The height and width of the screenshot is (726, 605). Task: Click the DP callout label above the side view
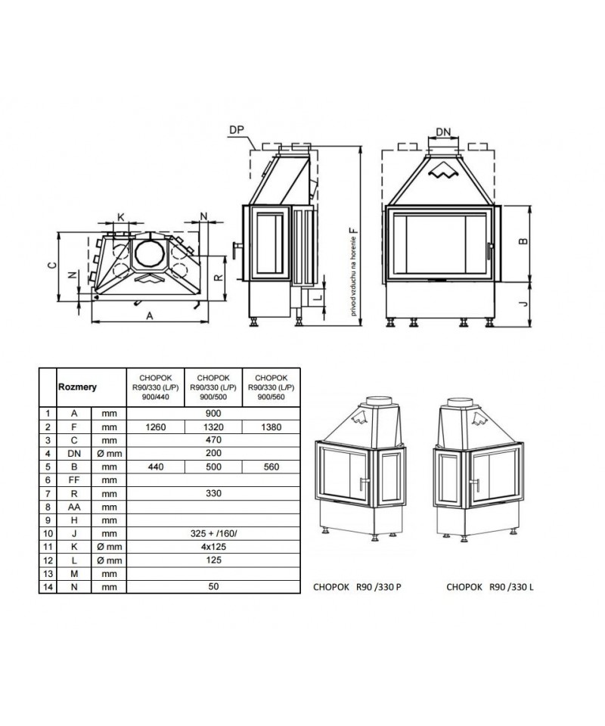click(237, 130)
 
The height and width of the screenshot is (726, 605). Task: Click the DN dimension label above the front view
click(443, 132)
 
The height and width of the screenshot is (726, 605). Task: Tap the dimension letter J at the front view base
click(523, 303)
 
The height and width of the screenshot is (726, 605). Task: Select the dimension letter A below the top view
click(150, 316)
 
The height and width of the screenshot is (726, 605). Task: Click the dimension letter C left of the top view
click(52, 265)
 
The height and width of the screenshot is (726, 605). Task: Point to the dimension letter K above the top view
click(121, 217)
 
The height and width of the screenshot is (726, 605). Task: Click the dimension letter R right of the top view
click(219, 278)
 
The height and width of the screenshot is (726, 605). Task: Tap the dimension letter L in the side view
click(318, 298)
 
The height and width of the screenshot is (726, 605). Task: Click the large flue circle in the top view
click(150, 253)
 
